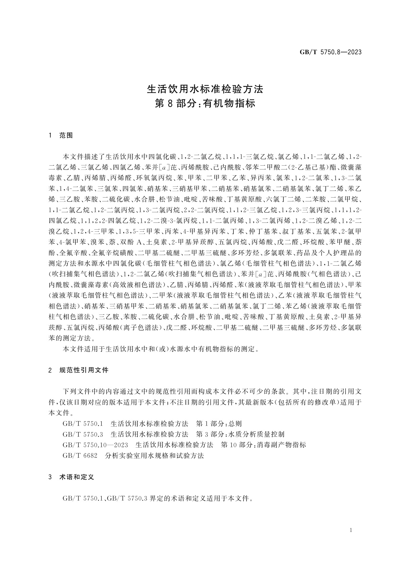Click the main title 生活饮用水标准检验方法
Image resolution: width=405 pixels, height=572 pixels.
click(205, 89)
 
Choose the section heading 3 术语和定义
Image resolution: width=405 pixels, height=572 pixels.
click(71, 477)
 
